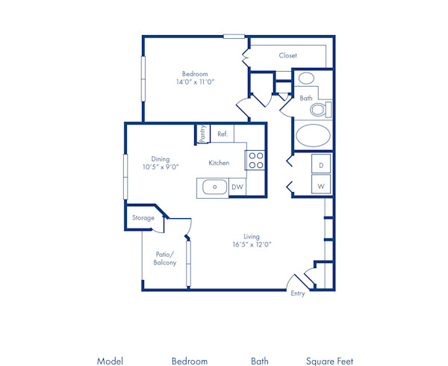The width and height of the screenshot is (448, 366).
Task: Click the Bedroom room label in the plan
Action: tap(195, 73)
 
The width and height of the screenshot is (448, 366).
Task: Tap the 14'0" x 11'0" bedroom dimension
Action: tap(195, 83)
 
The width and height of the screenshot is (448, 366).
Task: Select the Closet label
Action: tap(288, 55)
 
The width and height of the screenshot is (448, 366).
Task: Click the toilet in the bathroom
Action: tap(320, 110)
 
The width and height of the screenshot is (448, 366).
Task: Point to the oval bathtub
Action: tap(312, 137)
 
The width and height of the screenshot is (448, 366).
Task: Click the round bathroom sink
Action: tap(307, 79)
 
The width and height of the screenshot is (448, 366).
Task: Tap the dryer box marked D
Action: tap(321, 164)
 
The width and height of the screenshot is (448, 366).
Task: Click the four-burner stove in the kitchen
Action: tap(255, 160)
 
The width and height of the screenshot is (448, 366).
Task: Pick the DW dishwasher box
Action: tap(237, 187)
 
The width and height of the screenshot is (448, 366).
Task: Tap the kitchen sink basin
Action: tap(214, 187)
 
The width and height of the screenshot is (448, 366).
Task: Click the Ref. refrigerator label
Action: tap(223, 134)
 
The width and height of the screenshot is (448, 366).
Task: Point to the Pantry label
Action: tap(202, 133)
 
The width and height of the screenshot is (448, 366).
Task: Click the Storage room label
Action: tap(143, 218)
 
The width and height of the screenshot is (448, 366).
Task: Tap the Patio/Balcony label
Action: tap(165, 258)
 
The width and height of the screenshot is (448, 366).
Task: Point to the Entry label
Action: tap(298, 294)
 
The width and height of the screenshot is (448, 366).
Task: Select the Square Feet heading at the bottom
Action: tap(329, 361)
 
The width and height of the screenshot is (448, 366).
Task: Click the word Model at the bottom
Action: tap(110, 361)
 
